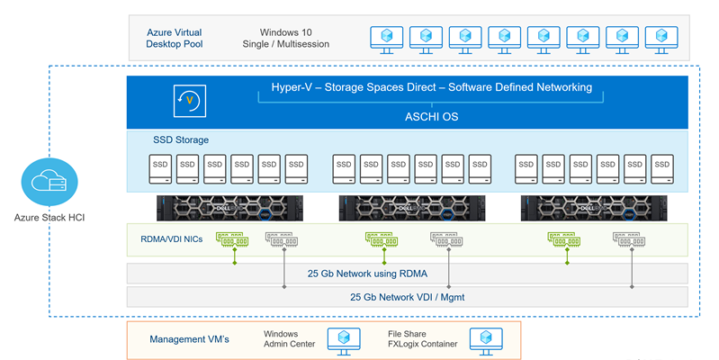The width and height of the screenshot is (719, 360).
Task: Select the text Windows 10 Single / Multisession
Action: pos(286,38)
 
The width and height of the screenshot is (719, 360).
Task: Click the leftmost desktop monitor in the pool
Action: pos(386,37)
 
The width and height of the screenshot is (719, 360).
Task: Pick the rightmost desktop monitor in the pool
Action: pos(661,37)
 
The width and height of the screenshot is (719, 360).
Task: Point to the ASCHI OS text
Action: pos(431,116)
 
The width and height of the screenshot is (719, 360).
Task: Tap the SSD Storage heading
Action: pos(181,140)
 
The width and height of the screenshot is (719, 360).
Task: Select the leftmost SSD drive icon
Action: pos(159,167)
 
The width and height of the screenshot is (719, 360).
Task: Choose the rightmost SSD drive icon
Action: pos(662,167)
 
